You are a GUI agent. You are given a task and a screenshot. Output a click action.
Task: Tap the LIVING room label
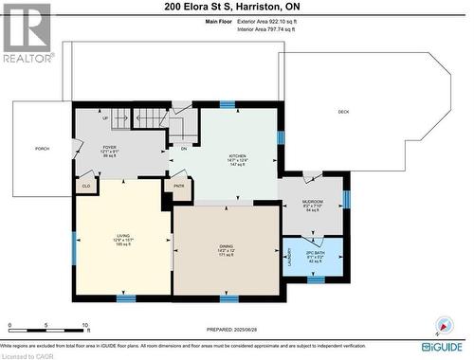(x=122, y=237)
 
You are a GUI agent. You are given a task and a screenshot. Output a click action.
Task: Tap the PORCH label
(x=42, y=149)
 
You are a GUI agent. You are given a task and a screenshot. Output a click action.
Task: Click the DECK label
(x=343, y=113)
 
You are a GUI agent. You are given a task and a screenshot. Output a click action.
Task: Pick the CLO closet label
(x=85, y=187)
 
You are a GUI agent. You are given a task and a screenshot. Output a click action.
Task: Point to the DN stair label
(x=184, y=148)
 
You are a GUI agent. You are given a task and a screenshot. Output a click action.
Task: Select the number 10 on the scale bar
(x=85, y=324)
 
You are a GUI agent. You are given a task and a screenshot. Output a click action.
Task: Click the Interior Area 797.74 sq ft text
(x=231, y=29)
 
